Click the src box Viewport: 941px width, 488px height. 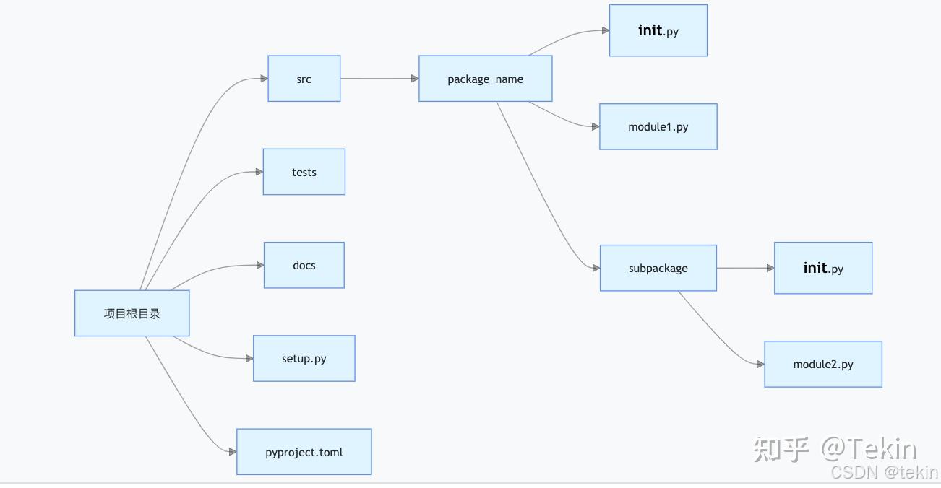pos(304,79)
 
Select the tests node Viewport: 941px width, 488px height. pos(304,172)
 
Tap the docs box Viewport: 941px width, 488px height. pos(304,265)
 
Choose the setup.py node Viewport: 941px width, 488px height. pos(304,358)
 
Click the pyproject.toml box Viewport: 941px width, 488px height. pos(304,452)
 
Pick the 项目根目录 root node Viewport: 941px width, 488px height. pos(132,313)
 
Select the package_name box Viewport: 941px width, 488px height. pos(485,79)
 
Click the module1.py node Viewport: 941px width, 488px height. pos(658,126)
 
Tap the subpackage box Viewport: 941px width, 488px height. pos(658,268)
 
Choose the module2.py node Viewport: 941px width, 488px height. pos(822,364)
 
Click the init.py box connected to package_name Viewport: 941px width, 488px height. pos(658,30)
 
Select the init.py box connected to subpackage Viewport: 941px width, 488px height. pos(822,268)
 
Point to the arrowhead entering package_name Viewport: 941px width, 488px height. pos(415,79)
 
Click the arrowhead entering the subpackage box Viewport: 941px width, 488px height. pos(596,268)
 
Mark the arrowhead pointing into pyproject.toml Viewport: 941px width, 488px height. pos(233,452)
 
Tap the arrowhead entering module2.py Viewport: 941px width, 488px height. pos(760,365)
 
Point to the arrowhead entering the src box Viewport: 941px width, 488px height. pos(264,79)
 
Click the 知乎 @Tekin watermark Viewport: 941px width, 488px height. pos(835,449)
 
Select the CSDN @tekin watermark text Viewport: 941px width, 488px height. pos(884,473)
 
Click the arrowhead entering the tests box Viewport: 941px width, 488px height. pos(259,172)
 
